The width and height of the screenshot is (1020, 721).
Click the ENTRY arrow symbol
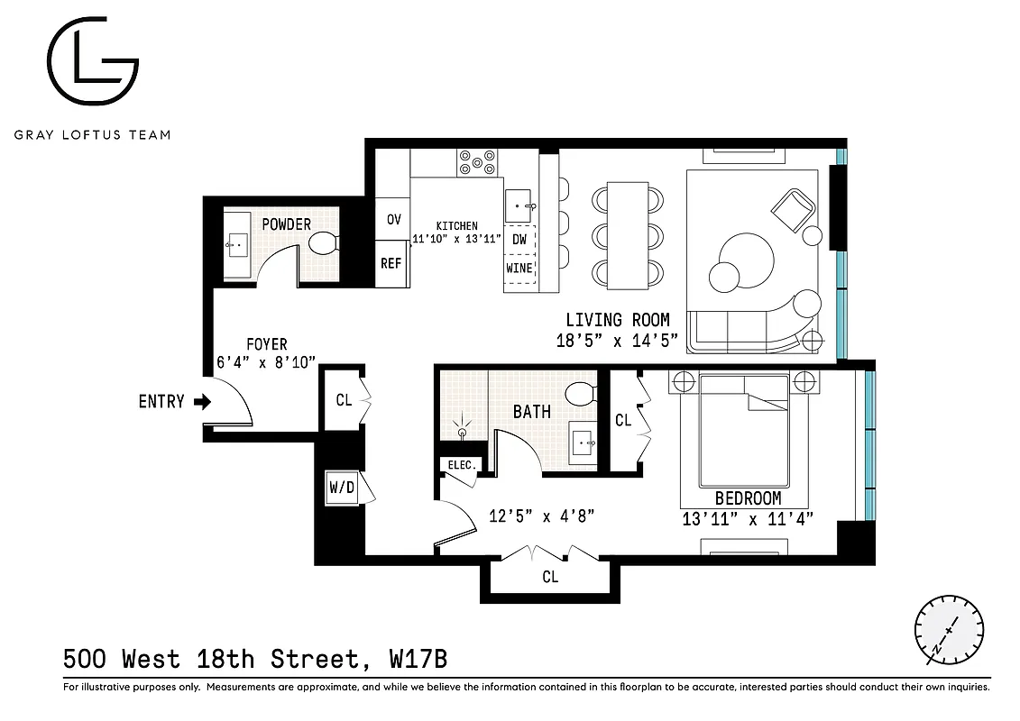coord(202,402)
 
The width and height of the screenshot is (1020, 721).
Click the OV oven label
coord(393,219)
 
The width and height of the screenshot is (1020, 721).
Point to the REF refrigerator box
coord(391,263)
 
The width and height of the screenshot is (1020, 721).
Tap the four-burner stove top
coord(477,163)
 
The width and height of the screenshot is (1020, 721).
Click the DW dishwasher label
coord(519,239)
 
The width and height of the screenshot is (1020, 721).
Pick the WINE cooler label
coord(519,269)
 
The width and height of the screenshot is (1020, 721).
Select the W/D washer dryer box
coord(340,489)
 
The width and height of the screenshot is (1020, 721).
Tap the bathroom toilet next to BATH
coord(580,394)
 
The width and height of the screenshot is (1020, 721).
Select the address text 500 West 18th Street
coord(212,659)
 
